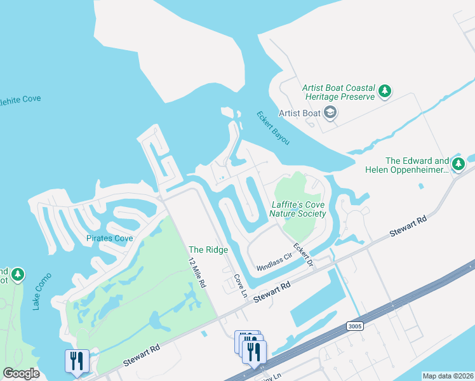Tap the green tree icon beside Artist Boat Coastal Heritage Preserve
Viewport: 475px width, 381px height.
tap(385, 92)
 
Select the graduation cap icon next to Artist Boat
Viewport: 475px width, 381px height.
tap(330, 113)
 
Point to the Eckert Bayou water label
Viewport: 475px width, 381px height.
tap(273, 128)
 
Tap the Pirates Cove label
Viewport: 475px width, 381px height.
tap(110, 238)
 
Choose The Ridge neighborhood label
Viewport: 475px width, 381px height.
tap(208, 250)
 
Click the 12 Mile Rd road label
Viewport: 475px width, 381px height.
tap(197, 274)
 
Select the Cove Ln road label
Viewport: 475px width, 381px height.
tap(239, 286)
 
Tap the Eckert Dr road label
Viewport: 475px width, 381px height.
tap(303, 254)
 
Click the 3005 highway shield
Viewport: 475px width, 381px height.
tap(356, 326)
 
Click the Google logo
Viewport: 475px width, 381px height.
tap(21, 373)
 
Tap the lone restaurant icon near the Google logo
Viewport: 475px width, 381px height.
tap(76, 361)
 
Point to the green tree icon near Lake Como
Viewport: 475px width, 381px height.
tap(18, 274)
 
